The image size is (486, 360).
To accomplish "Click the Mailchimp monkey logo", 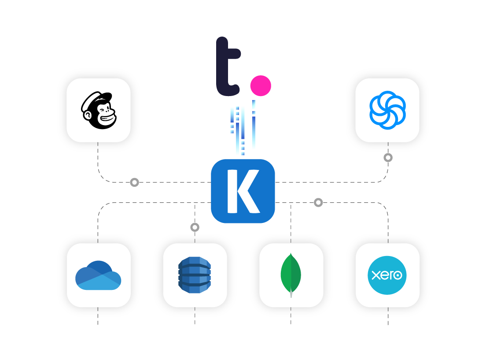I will (99, 110).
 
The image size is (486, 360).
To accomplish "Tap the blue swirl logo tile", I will (387, 110).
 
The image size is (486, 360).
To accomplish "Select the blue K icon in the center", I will (243, 191).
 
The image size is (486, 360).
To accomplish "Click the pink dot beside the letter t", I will (261, 85).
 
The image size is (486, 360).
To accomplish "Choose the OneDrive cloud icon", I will (98, 275).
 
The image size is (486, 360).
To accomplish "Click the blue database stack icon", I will (195, 275).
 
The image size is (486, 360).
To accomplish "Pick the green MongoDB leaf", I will (291, 273).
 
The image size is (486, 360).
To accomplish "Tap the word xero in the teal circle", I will (387, 275).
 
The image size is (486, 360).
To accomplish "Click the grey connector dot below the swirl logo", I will (388, 157).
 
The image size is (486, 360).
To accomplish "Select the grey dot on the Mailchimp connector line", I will (134, 182).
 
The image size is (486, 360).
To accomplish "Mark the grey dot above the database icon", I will (195, 227).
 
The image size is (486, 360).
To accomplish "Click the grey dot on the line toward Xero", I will (318, 202).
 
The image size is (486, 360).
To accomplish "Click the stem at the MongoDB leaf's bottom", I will (291, 294).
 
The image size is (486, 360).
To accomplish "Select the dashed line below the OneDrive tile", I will (98, 316).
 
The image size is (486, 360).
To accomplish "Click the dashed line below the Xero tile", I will (388, 316).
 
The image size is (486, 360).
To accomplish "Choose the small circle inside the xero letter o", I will (398, 275).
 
